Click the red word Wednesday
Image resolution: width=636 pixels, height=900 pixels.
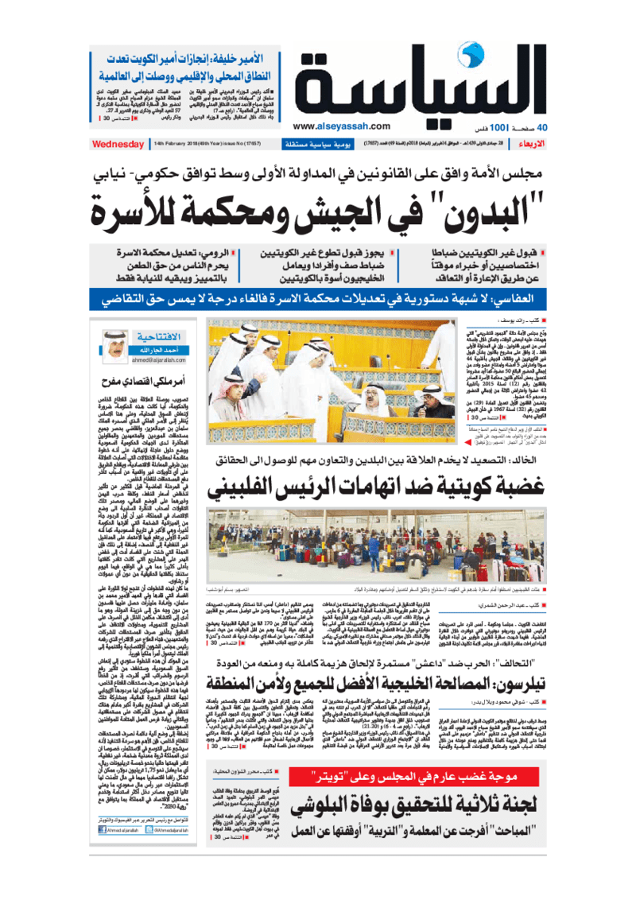click(x=117, y=144)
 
